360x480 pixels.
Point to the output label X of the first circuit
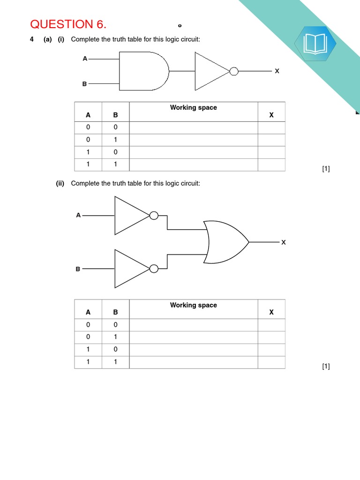tap(277, 71)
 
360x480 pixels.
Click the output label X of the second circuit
tap(283, 242)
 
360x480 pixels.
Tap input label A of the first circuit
tap(85, 59)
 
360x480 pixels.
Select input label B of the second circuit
tap(78, 269)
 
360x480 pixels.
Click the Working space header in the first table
tap(193, 108)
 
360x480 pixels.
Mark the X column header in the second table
tap(271, 312)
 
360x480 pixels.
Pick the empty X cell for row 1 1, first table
tap(271, 165)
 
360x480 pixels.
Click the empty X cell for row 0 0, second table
tap(271, 325)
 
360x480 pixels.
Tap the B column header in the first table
tap(115, 115)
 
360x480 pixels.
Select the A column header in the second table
tap(88, 312)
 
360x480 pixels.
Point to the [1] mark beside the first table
tap(326, 169)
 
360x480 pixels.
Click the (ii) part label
tap(60, 183)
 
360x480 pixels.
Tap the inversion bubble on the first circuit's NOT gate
tap(233, 71)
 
